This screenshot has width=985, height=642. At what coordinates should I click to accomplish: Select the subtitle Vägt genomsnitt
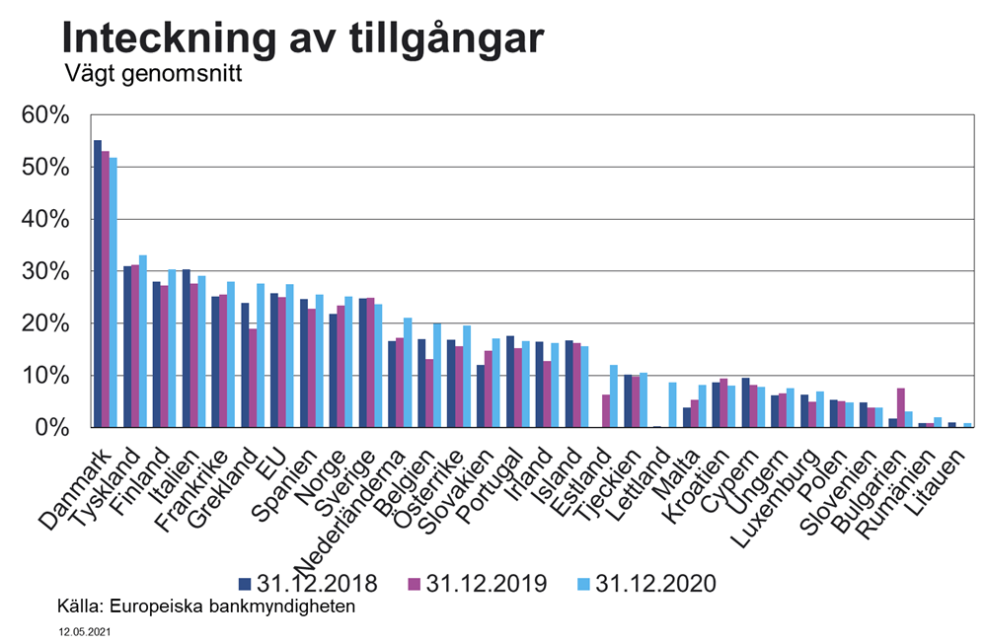pyautogui.click(x=152, y=74)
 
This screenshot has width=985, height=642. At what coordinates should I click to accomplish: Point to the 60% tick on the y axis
pyautogui.click(x=45, y=115)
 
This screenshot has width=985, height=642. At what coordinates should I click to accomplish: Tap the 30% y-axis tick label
pyautogui.click(x=45, y=271)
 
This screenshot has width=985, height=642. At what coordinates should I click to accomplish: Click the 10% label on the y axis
pyautogui.click(x=45, y=376)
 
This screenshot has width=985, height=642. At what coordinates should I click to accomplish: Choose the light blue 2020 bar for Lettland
pyautogui.click(x=673, y=404)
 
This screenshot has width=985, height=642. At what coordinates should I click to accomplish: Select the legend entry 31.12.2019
pyautogui.click(x=478, y=583)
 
